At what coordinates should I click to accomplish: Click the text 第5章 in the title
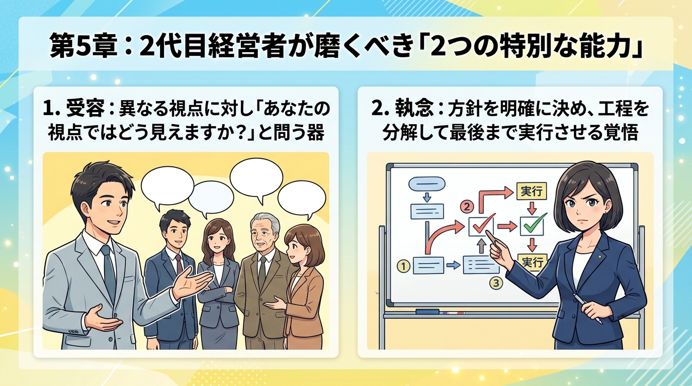83,47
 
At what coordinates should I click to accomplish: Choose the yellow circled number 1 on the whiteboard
403,266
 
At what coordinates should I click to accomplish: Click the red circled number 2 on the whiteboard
467,206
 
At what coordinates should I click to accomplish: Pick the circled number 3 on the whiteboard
496,282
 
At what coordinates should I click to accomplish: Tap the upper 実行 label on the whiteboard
532,191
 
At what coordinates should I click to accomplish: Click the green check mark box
532,226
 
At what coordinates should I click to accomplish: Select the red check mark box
481,226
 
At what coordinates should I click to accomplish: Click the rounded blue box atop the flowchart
426,184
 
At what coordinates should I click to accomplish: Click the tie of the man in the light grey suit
109,272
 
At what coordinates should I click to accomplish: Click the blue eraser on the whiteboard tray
427,312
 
